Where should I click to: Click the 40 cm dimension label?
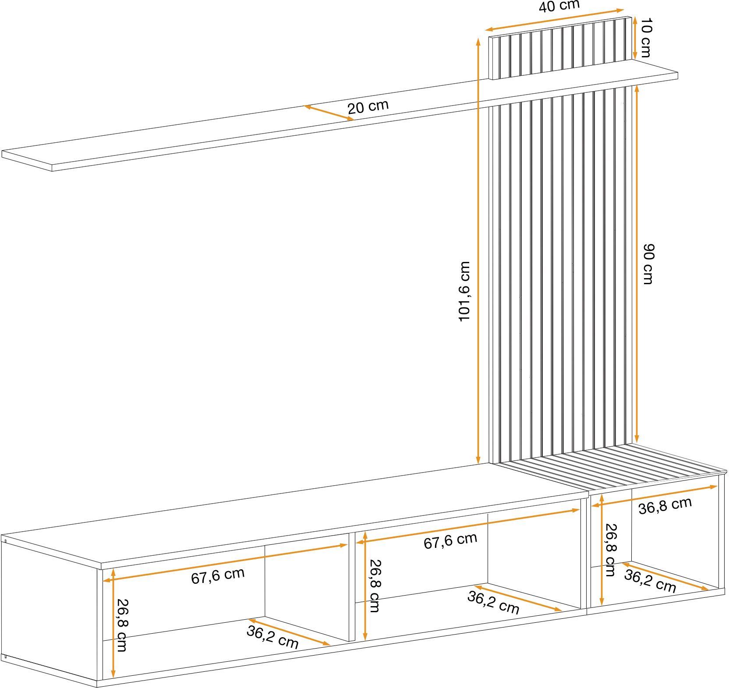click(559, 6)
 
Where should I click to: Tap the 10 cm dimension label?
click(646, 38)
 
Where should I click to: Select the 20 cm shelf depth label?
click(368, 107)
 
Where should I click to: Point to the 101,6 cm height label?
click(464, 292)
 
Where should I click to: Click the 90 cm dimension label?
click(648, 264)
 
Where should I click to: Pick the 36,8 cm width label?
click(665, 505)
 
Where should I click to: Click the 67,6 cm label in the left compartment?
click(218, 575)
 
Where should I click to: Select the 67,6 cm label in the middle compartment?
click(450, 540)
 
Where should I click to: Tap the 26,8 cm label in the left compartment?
click(121, 625)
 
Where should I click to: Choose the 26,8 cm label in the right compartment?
click(610, 550)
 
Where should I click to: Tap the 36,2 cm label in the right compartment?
click(650, 581)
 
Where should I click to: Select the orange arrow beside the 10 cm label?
click(635, 38)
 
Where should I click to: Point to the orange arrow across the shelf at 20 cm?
click(329, 112)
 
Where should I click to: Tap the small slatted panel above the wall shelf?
click(561, 48)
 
